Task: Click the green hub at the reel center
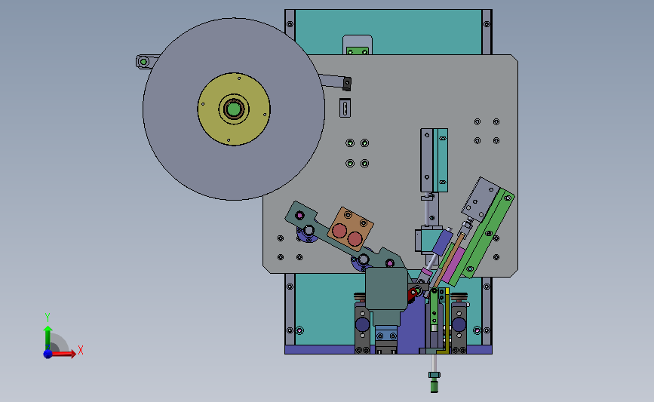234,109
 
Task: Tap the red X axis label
81,350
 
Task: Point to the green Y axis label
48,318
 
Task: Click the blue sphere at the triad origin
48,354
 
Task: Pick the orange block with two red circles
350,229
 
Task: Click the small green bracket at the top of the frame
358,51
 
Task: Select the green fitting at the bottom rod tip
434,382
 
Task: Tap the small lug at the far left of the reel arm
143,62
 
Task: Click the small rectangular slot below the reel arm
345,108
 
